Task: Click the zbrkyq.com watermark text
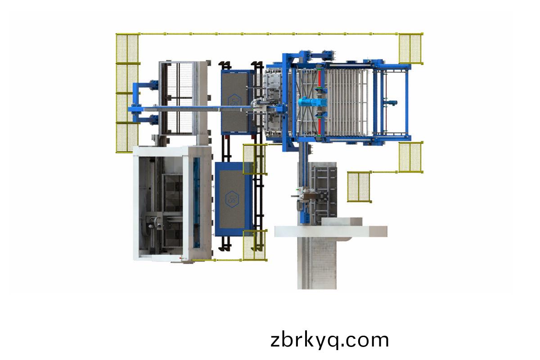tap(329, 340)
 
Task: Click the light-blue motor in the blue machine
tap(312, 102)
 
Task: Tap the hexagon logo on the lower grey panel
tap(232, 199)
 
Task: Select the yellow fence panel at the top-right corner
tap(411, 49)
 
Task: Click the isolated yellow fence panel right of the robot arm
tap(359, 187)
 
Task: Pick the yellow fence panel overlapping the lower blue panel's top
tap(255, 159)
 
